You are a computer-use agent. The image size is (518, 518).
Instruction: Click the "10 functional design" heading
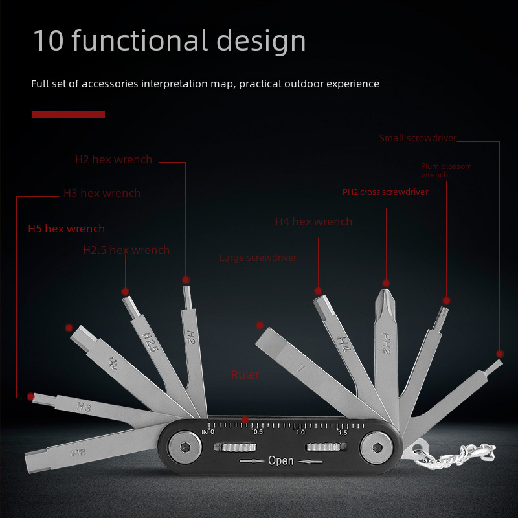169,41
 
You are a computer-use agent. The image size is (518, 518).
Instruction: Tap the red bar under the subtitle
68,114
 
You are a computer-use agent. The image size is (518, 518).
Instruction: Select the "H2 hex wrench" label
113,159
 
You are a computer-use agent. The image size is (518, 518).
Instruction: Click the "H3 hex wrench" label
102,193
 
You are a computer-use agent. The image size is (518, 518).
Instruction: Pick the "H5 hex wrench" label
66,229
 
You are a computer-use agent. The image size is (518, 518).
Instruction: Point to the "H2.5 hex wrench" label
126,250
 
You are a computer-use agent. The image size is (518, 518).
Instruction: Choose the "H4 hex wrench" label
313,221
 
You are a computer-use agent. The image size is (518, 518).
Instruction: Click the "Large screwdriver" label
258,258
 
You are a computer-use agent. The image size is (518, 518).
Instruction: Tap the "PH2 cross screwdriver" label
385,192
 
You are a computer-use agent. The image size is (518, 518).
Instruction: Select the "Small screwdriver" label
418,138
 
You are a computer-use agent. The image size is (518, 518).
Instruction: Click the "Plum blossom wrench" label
445,170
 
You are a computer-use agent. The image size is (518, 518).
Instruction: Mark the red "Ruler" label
245,375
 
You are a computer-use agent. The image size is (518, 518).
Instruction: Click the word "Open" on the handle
280,461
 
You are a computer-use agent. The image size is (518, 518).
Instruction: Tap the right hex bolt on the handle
376,447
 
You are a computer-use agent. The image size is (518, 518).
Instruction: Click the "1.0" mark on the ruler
300,432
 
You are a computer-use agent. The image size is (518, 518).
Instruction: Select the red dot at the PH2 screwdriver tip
386,283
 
